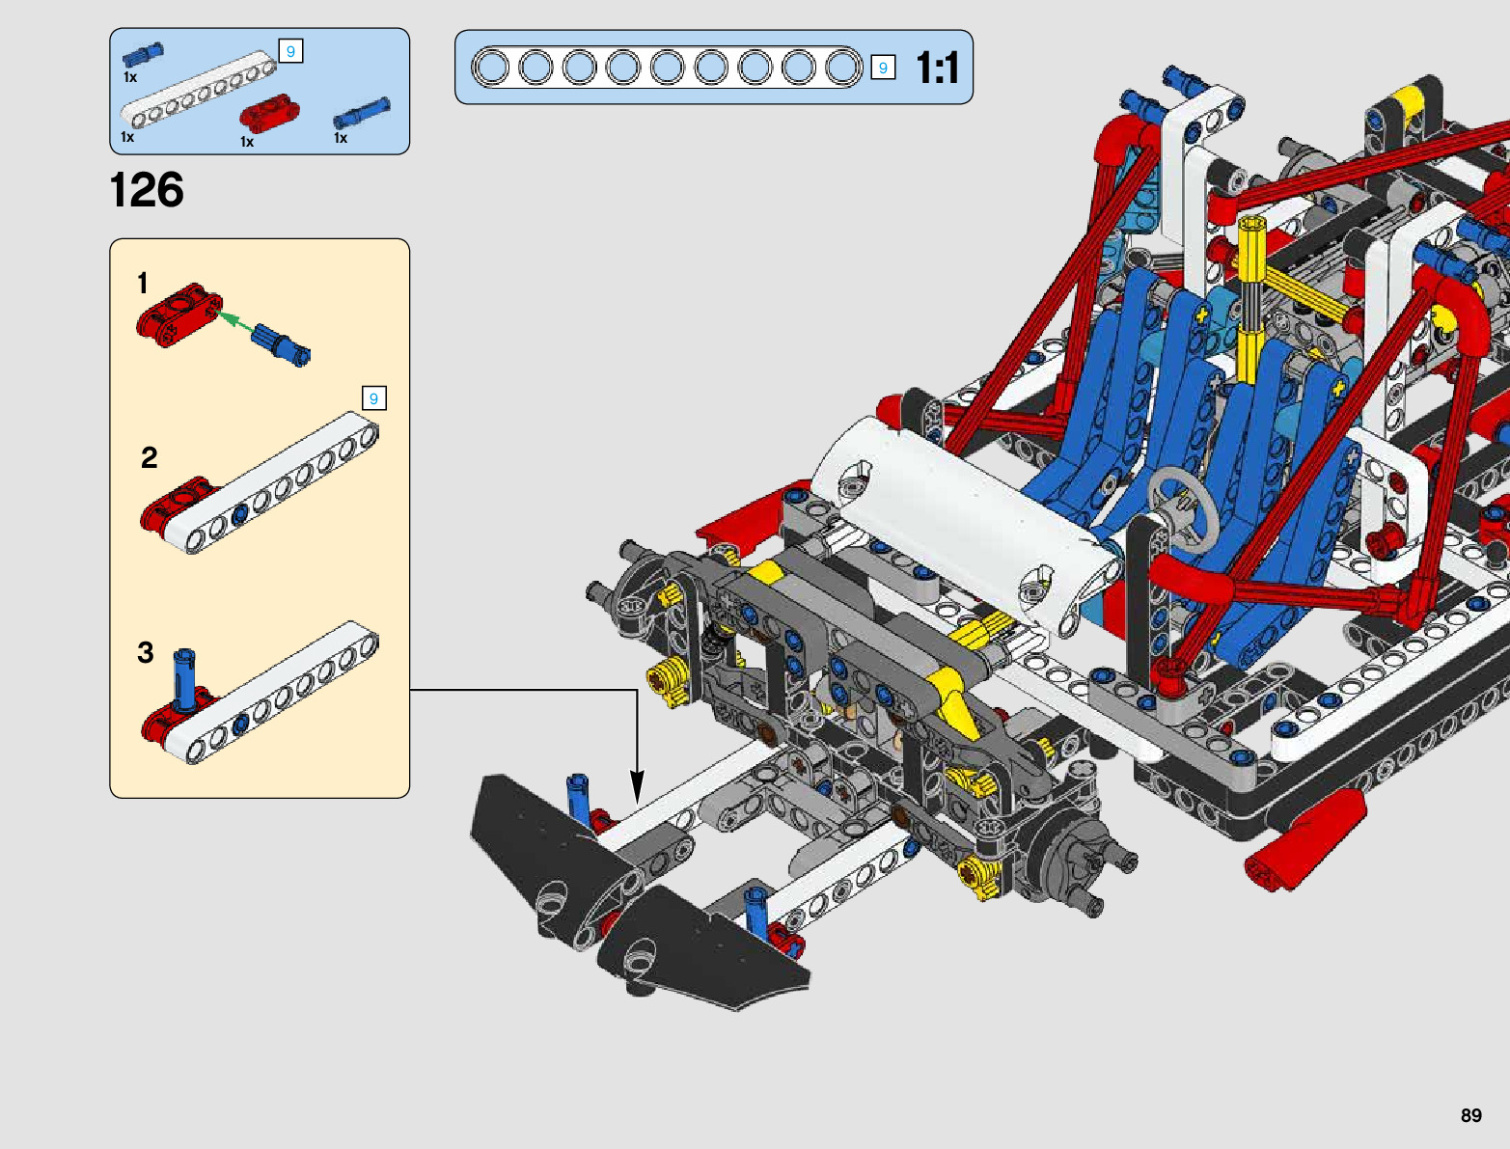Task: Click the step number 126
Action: tap(147, 190)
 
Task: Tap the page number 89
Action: tap(1470, 1114)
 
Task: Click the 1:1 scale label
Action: tap(937, 68)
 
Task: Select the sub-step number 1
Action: tap(143, 284)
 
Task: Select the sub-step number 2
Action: tap(150, 457)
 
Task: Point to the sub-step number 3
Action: tap(145, 652)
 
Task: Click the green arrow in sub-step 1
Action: tap(234, 321)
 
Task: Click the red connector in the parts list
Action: tap(269, 114)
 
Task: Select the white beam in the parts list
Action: tap(198, 90)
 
